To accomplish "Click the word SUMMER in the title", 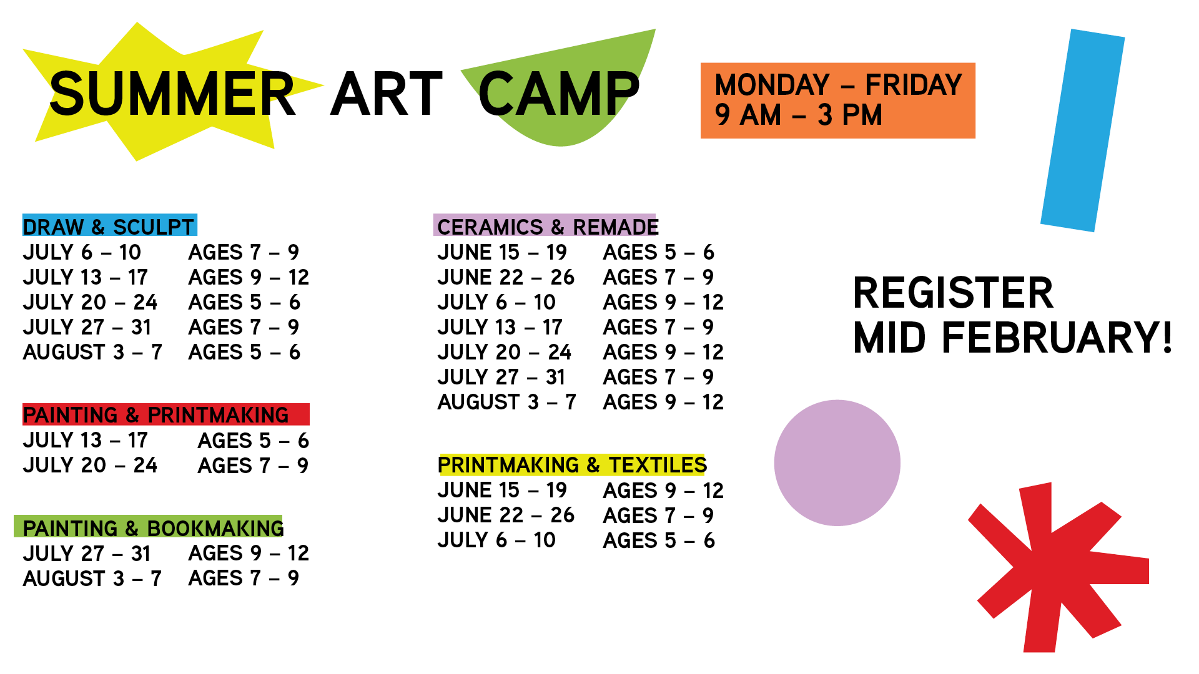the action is point(172,94).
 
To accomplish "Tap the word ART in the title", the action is point(387,94).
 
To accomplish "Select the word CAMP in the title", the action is point(559,94).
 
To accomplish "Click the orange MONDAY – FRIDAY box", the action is point(837,100).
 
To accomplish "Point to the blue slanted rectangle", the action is point(1082,130).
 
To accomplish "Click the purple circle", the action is point(837,463).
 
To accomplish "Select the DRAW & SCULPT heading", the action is point(109,226).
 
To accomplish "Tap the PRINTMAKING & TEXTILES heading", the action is point(572,465).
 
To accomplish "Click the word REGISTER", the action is point(953,293).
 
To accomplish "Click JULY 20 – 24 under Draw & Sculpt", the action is point(90,302).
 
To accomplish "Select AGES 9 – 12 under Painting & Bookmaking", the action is point(249,553).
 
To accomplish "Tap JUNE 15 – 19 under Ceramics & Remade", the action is point(502,252).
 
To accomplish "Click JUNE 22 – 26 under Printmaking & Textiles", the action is point(506,515).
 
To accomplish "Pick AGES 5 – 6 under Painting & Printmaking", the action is point(254,441).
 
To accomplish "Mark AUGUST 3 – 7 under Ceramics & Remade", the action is point(506,402).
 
